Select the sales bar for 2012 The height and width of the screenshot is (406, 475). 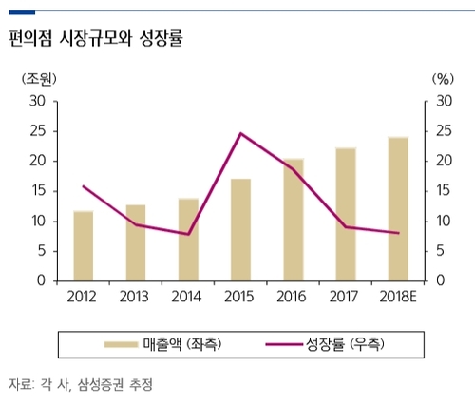(84, 246)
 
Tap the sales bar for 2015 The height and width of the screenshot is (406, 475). (241, 230)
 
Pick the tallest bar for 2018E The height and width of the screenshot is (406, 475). (398, 209)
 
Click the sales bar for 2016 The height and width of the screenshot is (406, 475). (294, 220)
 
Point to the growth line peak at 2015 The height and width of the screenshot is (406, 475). (241, 133)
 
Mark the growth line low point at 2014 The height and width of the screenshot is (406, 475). (189, 234)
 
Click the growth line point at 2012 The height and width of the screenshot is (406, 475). (84, 186)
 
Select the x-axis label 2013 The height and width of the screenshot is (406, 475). (136, 297)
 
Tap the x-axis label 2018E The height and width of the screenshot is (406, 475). (398, 297)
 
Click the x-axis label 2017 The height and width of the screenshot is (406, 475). (346, 297)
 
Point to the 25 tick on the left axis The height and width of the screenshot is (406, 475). (37, 131)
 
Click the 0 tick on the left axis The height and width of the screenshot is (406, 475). (42, 281)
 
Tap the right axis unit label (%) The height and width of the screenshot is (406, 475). (442, 79)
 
